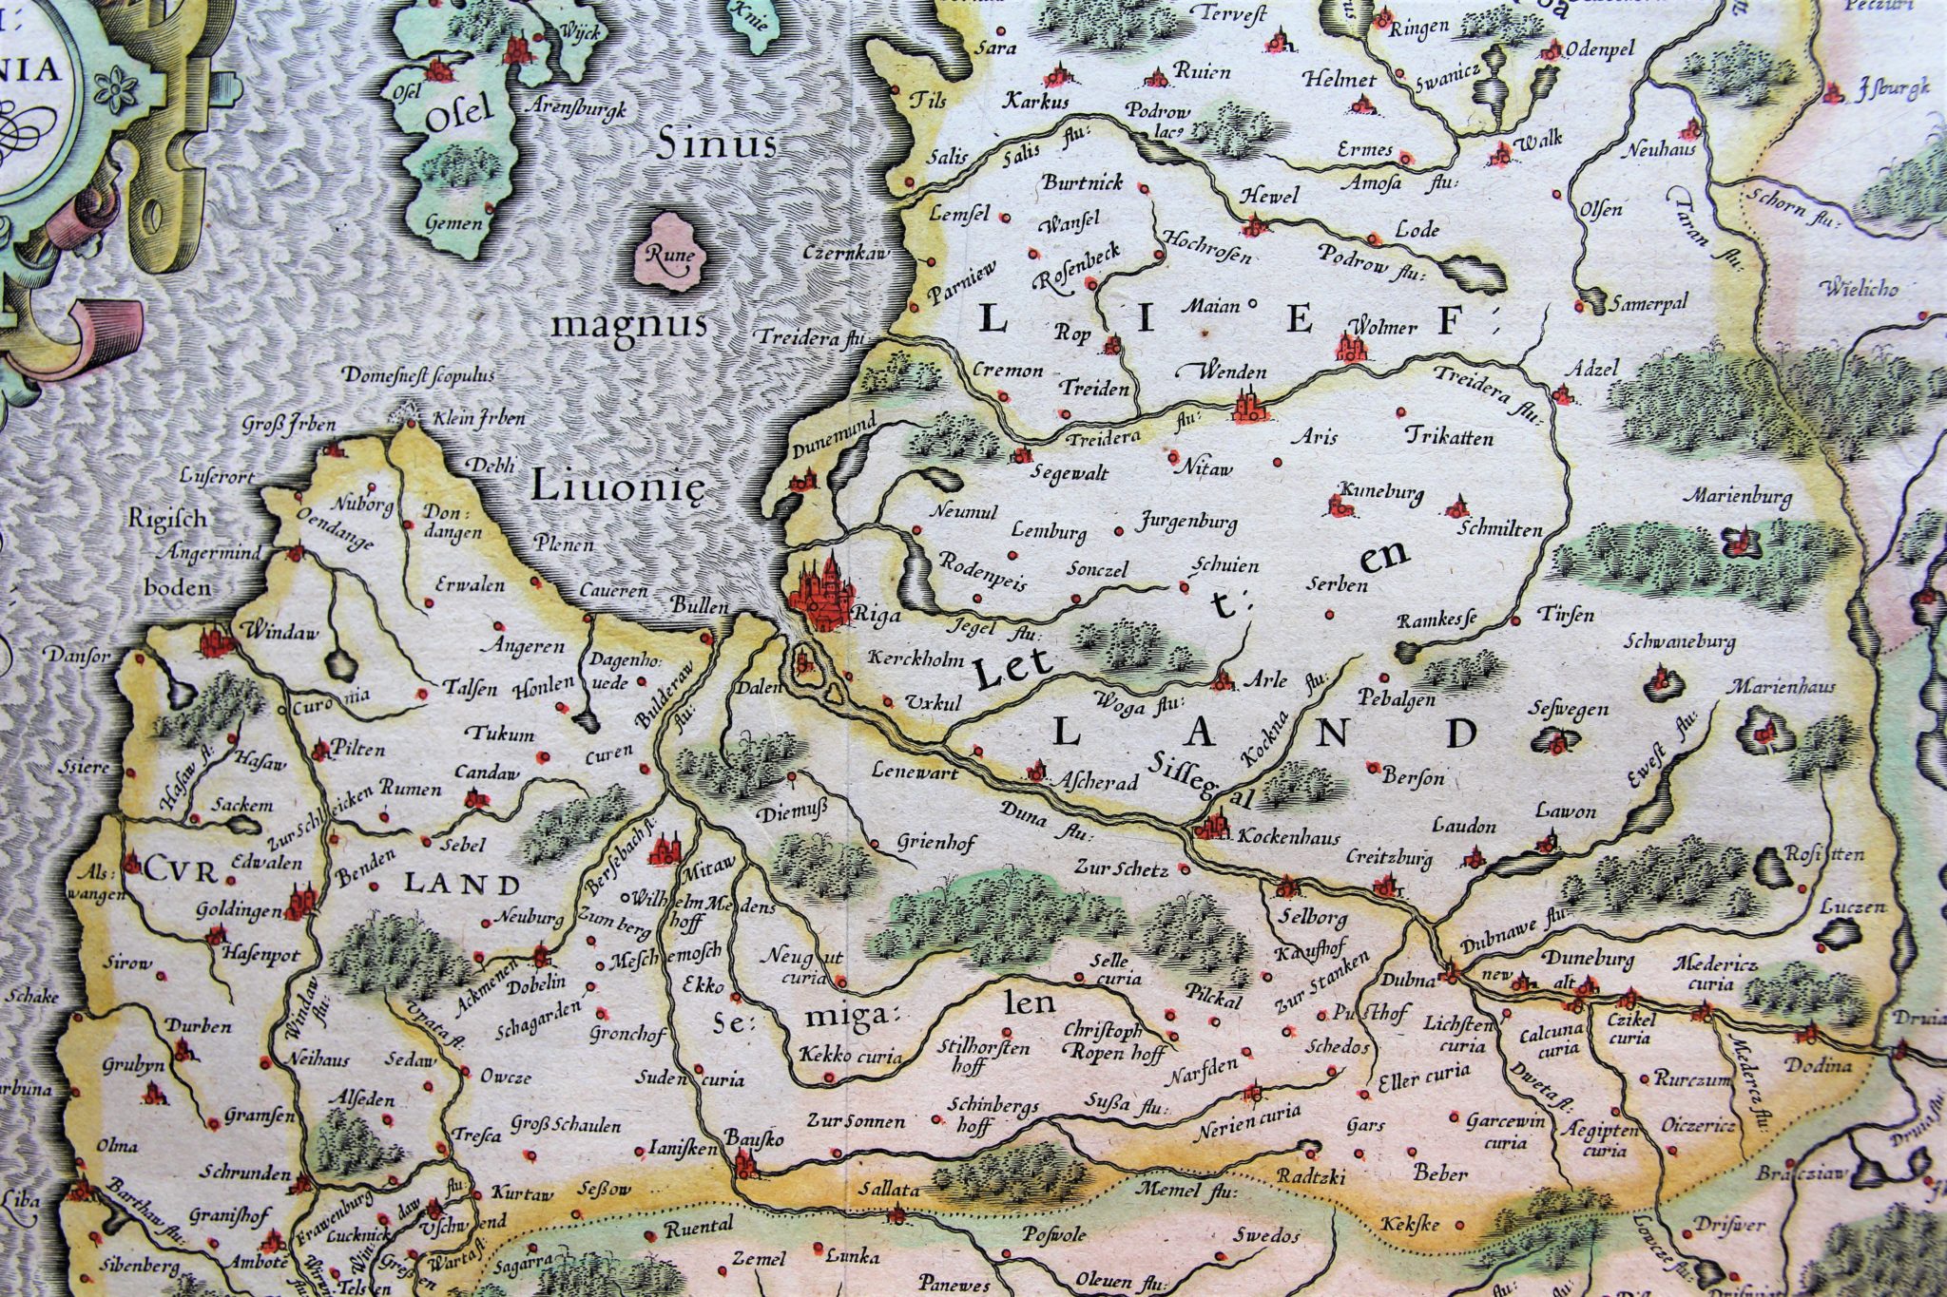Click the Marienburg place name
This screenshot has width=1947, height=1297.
(1740, 496)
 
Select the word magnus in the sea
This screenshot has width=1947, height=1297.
(629, 325)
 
